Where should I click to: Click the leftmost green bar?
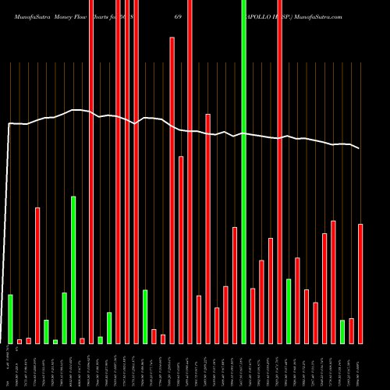click(10, 319)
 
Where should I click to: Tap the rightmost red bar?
click(360, 284)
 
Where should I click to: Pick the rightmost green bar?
click(342, 331)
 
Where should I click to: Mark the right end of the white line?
click(360, 148)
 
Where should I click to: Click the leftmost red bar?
click(19, 341)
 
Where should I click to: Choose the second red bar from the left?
click(28, 340)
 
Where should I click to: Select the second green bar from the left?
click(46, 331)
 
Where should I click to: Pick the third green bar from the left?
click(55, 342)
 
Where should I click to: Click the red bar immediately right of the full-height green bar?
click(253, 316)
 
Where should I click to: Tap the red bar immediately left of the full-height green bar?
click(235, 285)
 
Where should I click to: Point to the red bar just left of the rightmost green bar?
click(333, 282)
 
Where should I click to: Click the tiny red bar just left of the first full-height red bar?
click(82, 340)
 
